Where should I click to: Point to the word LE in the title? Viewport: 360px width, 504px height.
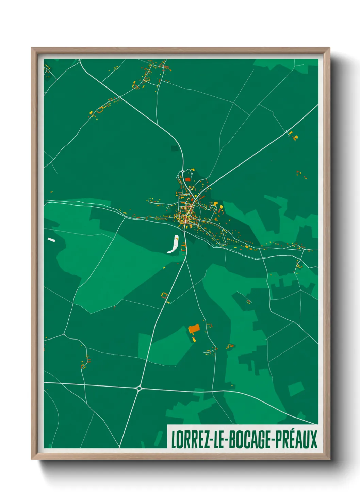pyautogui.click(x=217, y=439)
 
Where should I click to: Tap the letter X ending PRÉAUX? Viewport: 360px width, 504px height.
pyautogui.click(x=313, y=439)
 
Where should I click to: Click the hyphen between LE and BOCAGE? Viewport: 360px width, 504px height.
pyautogui.click(x=226, y=440)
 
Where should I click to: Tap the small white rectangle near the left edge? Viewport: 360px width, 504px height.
pyautogui.click(x=51, y=240)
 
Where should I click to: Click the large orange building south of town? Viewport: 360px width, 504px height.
pyautogui.click(x=194, y=329)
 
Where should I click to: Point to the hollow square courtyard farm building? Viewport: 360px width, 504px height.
pyautogui.click(x=164, y=295)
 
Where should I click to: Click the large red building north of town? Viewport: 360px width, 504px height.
pyautogui.click(x=187, y=179)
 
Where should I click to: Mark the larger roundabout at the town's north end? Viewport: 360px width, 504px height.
pyautogui.click(x=183, y=171)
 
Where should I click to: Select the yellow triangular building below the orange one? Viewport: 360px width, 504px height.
pyautogui.click(x=194, y=339)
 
